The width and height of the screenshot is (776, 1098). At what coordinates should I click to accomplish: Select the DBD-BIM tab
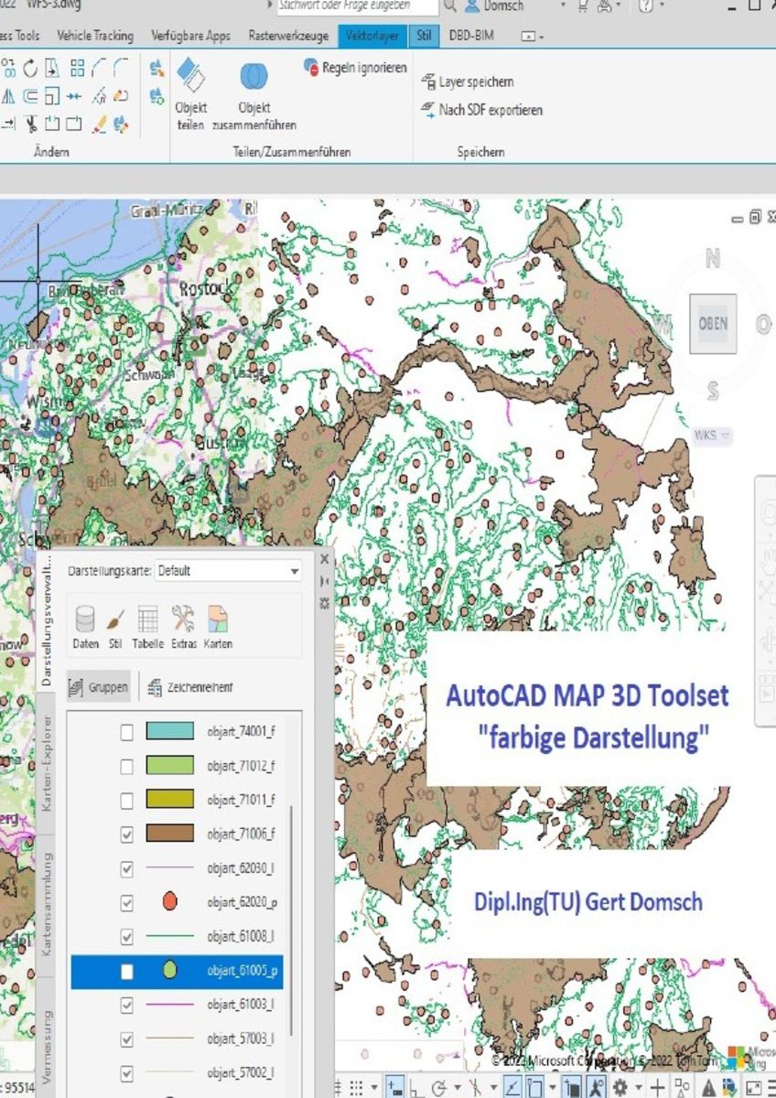471,37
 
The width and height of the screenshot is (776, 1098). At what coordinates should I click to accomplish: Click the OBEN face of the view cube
713,324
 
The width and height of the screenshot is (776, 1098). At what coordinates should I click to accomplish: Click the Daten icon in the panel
85,626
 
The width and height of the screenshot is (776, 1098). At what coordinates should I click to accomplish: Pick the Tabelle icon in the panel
147,626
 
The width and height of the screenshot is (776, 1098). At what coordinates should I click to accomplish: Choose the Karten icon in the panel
218,626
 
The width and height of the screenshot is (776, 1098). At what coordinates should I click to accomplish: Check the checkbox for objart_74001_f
127,731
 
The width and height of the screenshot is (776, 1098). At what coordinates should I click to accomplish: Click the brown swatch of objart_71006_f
169,834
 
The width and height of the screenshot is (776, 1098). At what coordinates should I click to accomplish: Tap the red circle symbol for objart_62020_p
169,901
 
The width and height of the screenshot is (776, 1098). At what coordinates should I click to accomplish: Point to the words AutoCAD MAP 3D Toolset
587,695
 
